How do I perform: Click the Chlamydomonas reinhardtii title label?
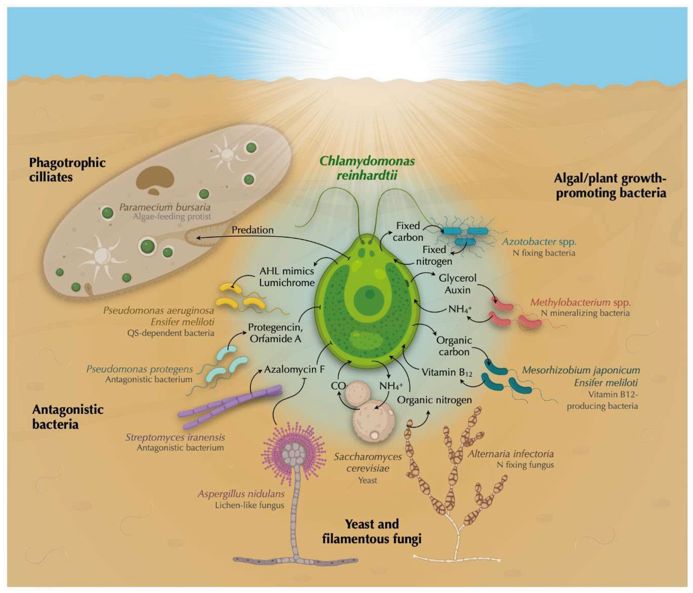pyautogui.click(x=367, y=168)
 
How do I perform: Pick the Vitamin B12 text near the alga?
pyautogui.click(x=446, y=372)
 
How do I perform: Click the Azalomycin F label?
pyautogui.click(x=294, y=369)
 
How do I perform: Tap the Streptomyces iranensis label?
pyautogui.click(x=175, y=437)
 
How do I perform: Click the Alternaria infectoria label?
pyautogui.click(x=511, y=454)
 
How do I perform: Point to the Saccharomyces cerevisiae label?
pyautogui.click(x=368, y=462)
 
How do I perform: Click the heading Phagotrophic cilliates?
pyautogui.click(x=67, y=170)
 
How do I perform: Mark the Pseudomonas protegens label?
pyautogui.click(x=140, y=369)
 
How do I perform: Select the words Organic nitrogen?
pyautogui.click(x=434, y=400)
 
